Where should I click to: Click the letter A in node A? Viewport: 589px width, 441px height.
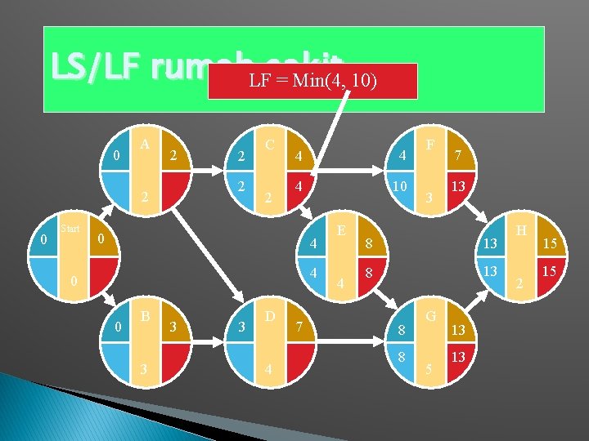tap(145, 143)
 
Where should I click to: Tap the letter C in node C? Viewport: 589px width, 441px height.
tap(269, 143)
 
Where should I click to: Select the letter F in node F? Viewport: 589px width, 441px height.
tap(430, 144)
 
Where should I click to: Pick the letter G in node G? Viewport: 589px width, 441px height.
tap(430, 314)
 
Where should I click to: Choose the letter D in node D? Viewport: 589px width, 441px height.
tap(269, 314)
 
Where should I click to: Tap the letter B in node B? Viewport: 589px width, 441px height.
tap(145, 314)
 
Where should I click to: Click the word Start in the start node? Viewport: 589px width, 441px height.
tap(70, 229)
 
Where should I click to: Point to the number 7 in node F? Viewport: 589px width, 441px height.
tap(460, 155)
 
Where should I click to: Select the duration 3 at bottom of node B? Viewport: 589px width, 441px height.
tap(145, 369)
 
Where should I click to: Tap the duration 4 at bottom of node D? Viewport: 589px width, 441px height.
tap(269, 369)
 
